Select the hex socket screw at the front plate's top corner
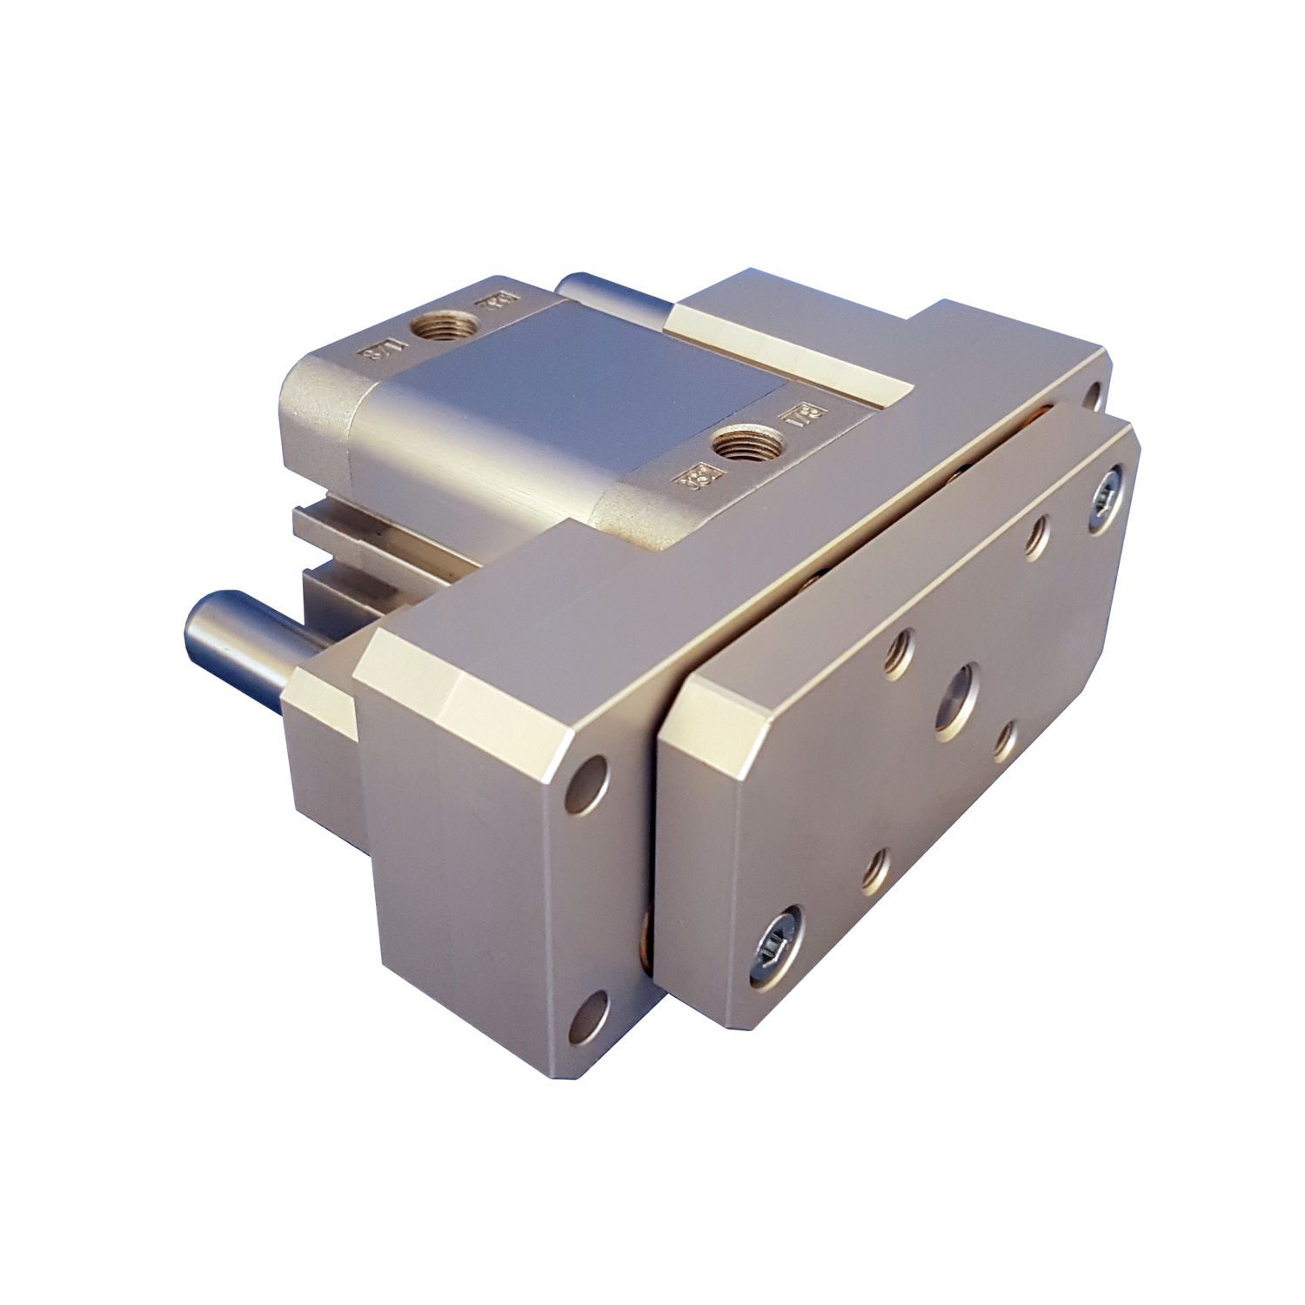pos(1106,498)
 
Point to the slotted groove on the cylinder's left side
pos(365,531)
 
